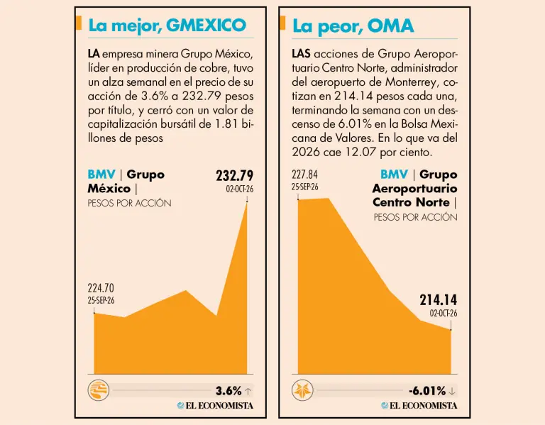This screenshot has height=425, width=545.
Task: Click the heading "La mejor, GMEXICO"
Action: [167, 26]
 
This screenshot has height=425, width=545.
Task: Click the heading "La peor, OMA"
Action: [353, 26]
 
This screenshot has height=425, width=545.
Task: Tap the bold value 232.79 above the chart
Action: [235, 176]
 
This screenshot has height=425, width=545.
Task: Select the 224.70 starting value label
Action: [101, 288]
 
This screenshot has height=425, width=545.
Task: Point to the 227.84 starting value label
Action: [305, 175]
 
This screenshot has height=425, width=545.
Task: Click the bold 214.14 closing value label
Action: [439, 300]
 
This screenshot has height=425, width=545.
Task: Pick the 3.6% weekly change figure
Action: [229, 391]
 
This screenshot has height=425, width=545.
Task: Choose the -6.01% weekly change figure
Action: [427, 391]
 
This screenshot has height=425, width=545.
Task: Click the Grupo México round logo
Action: [99, 390]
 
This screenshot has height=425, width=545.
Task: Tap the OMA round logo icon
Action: [302, 390]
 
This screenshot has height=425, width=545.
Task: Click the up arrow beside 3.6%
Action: [248, 392]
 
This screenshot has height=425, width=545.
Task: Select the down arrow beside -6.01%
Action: [452, 392]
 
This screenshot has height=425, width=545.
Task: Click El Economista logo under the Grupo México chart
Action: [215, 406]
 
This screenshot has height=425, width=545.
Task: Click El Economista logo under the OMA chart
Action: [419, 406]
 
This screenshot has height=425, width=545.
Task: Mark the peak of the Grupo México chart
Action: [247, 202]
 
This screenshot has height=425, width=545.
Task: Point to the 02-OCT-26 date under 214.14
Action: [444, 313]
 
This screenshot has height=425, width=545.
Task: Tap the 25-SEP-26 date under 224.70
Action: [101, 301]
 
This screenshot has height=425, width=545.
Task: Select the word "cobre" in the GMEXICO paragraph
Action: [214, 68]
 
